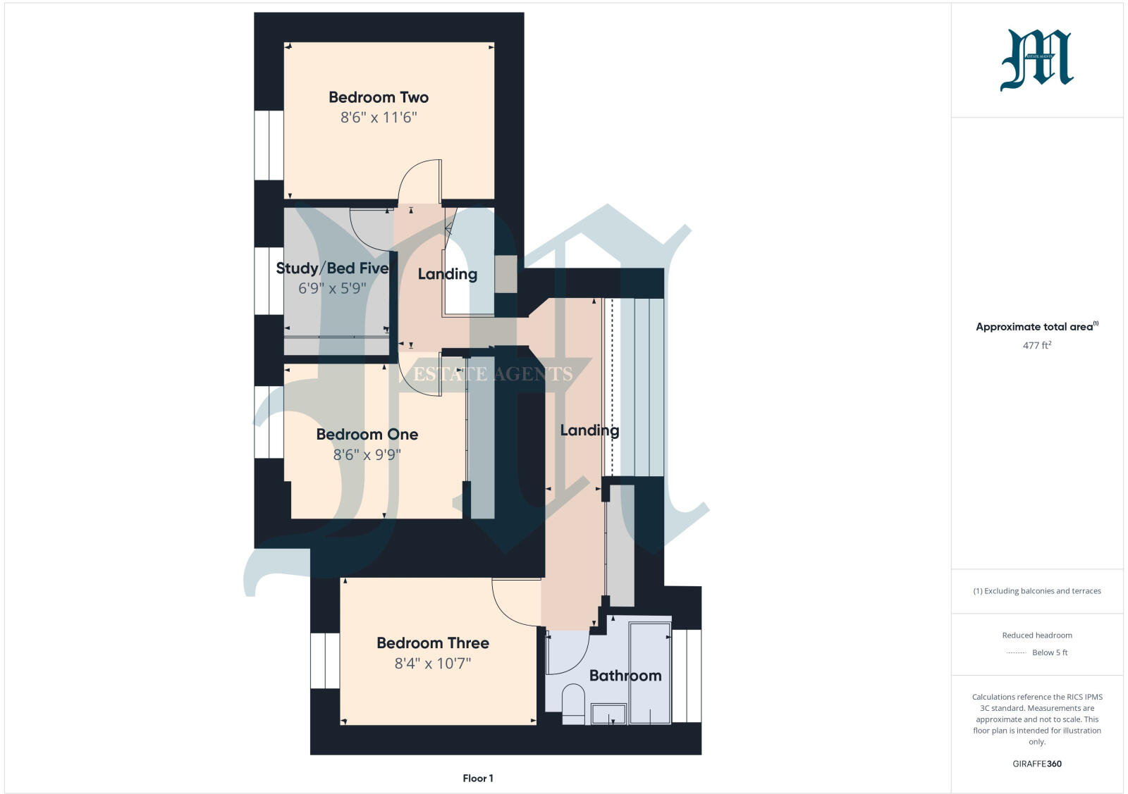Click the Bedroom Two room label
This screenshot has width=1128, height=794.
point(379,97)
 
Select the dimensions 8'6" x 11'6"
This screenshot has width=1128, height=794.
point(379,118)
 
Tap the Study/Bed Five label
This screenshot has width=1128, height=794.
point(332,268)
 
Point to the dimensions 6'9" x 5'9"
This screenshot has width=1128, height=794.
point(332,288)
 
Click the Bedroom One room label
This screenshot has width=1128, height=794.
point(367,435)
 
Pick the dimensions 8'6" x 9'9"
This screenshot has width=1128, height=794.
point(367,455)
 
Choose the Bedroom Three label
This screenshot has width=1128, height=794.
point(432,643)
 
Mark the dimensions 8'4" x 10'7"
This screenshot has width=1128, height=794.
point(432,663)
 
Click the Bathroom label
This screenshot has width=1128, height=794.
point(625,676)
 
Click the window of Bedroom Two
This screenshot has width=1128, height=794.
point(269,145)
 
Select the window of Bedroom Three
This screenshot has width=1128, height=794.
point(325,660)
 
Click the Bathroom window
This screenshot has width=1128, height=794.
point(687,676)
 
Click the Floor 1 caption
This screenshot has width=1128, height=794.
point(478,779)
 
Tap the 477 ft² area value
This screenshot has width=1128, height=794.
point(1037,345)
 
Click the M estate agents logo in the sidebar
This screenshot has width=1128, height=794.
point(1036,60)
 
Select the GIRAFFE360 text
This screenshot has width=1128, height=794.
point(1036,764)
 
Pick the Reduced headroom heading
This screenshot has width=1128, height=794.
point(1036,635)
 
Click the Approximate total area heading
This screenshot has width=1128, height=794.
point(1034,327)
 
